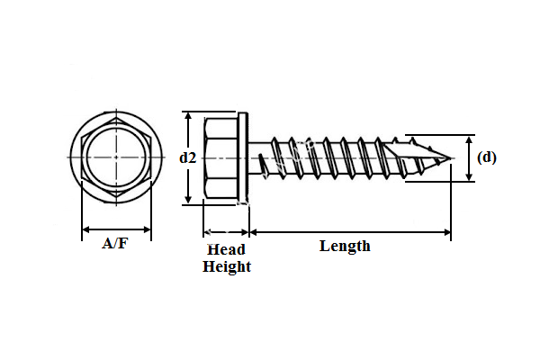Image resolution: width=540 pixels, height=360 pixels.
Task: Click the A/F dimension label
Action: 115,244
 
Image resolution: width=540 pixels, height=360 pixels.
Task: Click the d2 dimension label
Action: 187,157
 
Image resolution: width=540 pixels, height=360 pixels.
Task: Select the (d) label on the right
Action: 486,157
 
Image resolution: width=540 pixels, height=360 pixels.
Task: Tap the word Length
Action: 345,246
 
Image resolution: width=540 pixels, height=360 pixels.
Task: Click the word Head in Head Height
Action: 226,249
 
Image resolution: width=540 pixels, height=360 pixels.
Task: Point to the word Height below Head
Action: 227,266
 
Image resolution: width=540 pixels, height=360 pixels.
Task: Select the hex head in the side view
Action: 221,157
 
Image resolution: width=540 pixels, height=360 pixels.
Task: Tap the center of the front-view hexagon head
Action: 116,157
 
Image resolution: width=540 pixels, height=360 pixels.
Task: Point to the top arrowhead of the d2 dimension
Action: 188,115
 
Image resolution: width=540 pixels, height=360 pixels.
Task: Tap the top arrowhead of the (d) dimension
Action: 470,139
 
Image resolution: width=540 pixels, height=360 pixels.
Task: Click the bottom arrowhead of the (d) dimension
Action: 470,178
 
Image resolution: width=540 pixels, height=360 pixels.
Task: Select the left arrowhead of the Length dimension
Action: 253,232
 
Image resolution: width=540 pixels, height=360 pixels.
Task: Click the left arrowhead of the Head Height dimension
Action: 207,232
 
